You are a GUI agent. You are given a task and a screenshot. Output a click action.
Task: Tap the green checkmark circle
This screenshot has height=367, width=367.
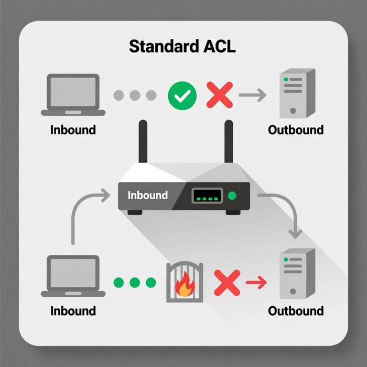click(x=182, y=95)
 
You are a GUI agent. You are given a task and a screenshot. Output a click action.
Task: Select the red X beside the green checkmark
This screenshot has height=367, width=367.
click(x=219, y=95)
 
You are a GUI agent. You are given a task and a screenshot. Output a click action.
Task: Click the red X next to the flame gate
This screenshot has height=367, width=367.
click(x=226, y=283)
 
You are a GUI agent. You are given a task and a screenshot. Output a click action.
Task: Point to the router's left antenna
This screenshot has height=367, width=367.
click(x=142, y=141)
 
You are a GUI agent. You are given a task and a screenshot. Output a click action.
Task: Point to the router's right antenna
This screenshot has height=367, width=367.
click(x=229, y=141)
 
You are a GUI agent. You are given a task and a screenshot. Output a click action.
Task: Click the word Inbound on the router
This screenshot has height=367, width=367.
click(x=148, y=196)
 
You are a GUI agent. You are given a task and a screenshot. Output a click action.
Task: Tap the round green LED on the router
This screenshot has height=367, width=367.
click(x=233, y=196)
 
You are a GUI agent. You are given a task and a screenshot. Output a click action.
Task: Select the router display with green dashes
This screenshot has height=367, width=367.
click(x=208, y=196)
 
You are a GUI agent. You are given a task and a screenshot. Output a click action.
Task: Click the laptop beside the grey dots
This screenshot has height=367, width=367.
click(x=73, y=95)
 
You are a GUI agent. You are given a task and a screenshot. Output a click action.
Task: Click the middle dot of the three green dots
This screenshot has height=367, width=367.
click(x=135, y=283)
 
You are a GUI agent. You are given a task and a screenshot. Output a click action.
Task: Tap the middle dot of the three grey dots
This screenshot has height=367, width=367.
click(x=135, y=95)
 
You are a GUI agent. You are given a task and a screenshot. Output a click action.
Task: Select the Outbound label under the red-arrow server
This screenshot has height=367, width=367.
click(x=296, y=310)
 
